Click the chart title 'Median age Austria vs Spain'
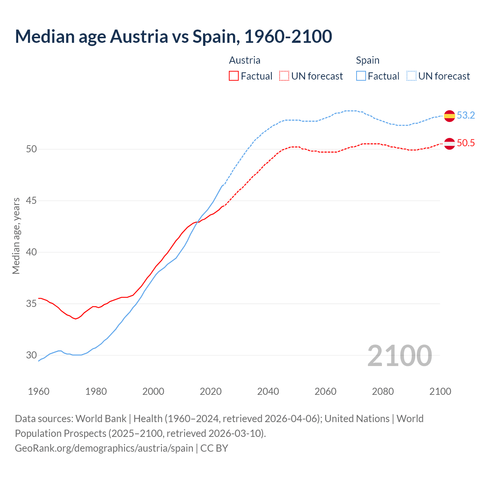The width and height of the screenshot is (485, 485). (x=173, y=37)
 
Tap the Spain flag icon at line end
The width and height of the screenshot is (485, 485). (x=449, y=116)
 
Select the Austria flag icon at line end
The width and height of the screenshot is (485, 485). (x=449, y=144)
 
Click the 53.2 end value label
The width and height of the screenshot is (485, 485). (x=466, y=115)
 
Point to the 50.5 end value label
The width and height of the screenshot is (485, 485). (x=466, y=143)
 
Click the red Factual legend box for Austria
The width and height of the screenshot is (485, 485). (x=234, y=76)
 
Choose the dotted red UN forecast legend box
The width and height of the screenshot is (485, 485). (x=284, y=76)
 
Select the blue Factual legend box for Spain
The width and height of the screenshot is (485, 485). (x=361, y=76)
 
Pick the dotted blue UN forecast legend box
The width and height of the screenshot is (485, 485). (x=411, y=76)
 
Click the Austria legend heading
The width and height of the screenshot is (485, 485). (x=245, y=60)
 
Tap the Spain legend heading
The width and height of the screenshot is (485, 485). (x=368, y=60)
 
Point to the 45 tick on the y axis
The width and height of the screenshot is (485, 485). (x=31, y=200)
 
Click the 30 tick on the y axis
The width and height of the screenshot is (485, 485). (x=31, y=355)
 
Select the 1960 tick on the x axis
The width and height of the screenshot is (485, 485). (x=39, y=391)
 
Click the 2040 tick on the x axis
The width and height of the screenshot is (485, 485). (x=268, y=391)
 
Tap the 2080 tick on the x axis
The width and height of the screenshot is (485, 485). (x=383, y=391)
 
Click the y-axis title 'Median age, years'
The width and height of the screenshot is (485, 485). (x=16, y=236)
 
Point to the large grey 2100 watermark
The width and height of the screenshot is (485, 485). (x=399, y=355)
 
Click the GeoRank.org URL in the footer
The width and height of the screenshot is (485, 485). (x=104, y=448)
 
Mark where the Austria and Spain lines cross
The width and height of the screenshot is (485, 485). (x=197, y=222)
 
